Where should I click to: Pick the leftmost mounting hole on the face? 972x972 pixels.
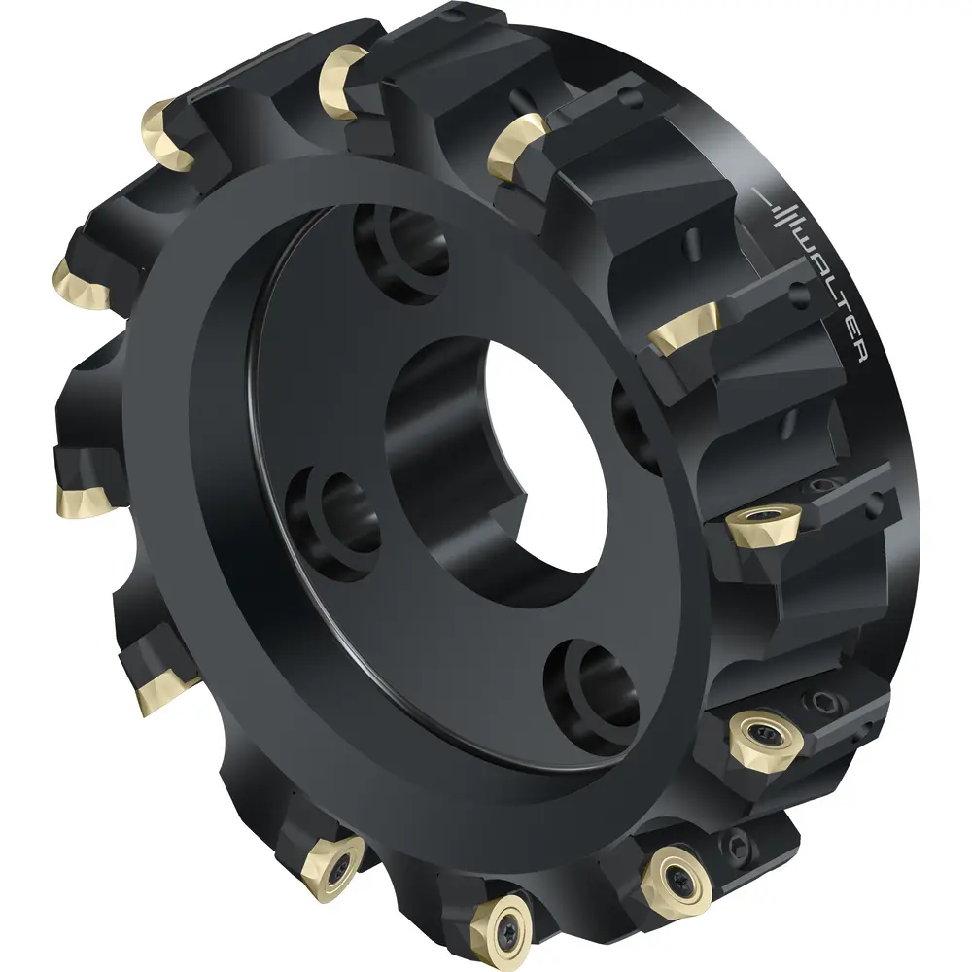click(334, 521)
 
